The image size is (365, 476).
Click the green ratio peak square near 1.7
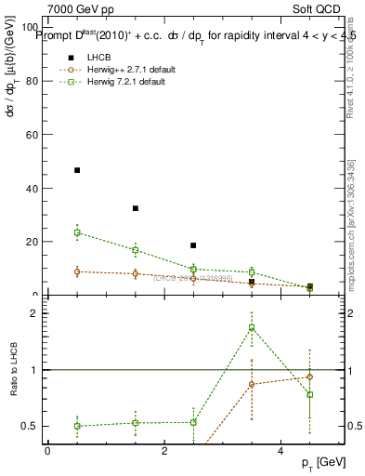click(x=252, y=327)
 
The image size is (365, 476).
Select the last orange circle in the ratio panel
click(x=309, y=377)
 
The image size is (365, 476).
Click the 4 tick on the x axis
click(x=280, y=451)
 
